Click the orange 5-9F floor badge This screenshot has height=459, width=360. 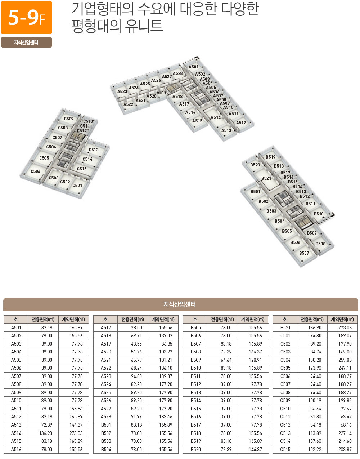(x=26, y=17)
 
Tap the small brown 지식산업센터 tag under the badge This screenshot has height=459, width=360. (x=26, y=42)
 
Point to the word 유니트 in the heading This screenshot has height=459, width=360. (x=144, y=26)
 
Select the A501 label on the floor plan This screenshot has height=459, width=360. (x=194, y=67)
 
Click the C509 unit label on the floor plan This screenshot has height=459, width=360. (x=69, y=119)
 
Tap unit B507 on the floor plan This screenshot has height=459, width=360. (x=304, y=253)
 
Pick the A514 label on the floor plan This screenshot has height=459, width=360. (x=215, y=117)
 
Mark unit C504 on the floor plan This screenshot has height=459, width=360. (x=35, y=171)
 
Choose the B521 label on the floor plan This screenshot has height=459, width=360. (x=266, y=178)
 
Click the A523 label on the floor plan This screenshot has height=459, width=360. (x=122, y=92)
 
